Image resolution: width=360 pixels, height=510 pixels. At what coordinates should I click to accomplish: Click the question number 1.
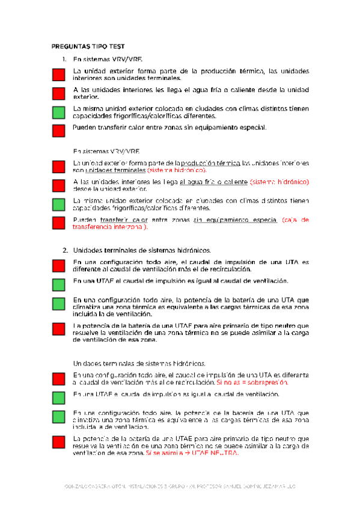(x=65, y=60)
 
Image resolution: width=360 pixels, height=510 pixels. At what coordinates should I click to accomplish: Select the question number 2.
(x=65, y=250)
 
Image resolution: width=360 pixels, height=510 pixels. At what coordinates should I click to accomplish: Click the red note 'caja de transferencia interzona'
(x=192, y=224)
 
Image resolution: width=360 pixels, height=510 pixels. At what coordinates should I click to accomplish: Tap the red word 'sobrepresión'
(x=268, y=382)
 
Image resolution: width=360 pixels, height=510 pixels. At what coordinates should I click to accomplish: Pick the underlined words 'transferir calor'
(x=124, y=220)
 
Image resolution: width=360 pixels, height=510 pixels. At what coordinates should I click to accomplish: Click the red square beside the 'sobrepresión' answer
(x=58, y=378)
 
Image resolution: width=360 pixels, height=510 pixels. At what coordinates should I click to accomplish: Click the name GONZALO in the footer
(x=76, y=486)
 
